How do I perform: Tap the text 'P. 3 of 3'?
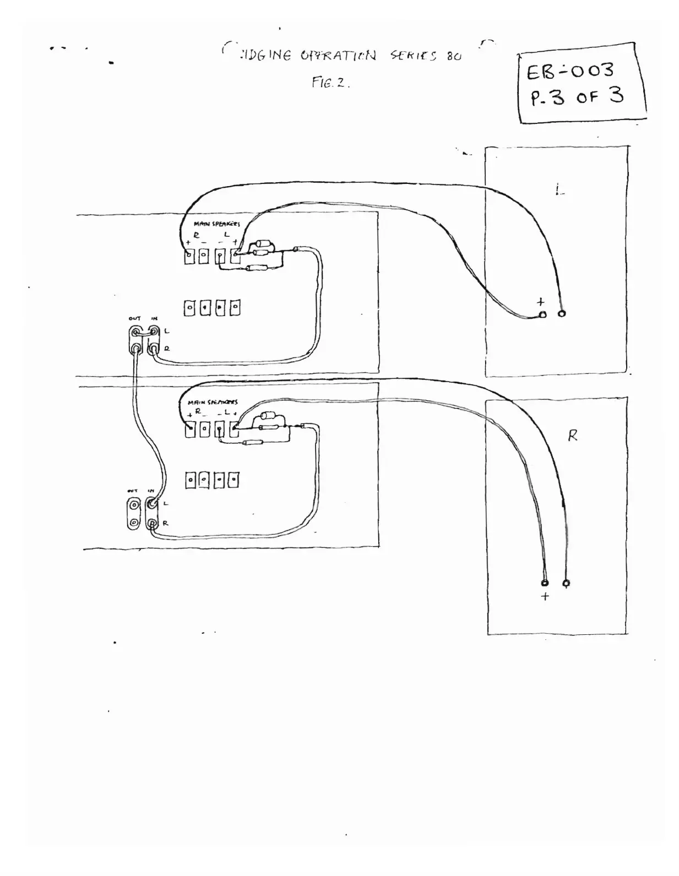coord(576,97)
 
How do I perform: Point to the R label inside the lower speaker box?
coord(573,436)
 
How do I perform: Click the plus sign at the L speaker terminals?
coord(541,302)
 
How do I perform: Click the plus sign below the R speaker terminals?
coord(545,597)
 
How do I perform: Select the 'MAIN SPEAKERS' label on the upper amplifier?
coord(216,224)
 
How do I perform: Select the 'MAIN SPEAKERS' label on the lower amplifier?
coord(213,402)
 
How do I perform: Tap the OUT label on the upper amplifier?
coord(134,318)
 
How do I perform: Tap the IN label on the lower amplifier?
coord(150,491)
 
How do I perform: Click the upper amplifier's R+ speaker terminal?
coord(189,256)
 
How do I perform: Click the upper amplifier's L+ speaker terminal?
coord(236,256)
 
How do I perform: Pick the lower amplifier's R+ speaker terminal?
coord(190,429)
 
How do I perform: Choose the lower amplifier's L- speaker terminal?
coord(219,429)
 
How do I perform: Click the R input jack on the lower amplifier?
coord(152,522)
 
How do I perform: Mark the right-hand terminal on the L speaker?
coord(562,313)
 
